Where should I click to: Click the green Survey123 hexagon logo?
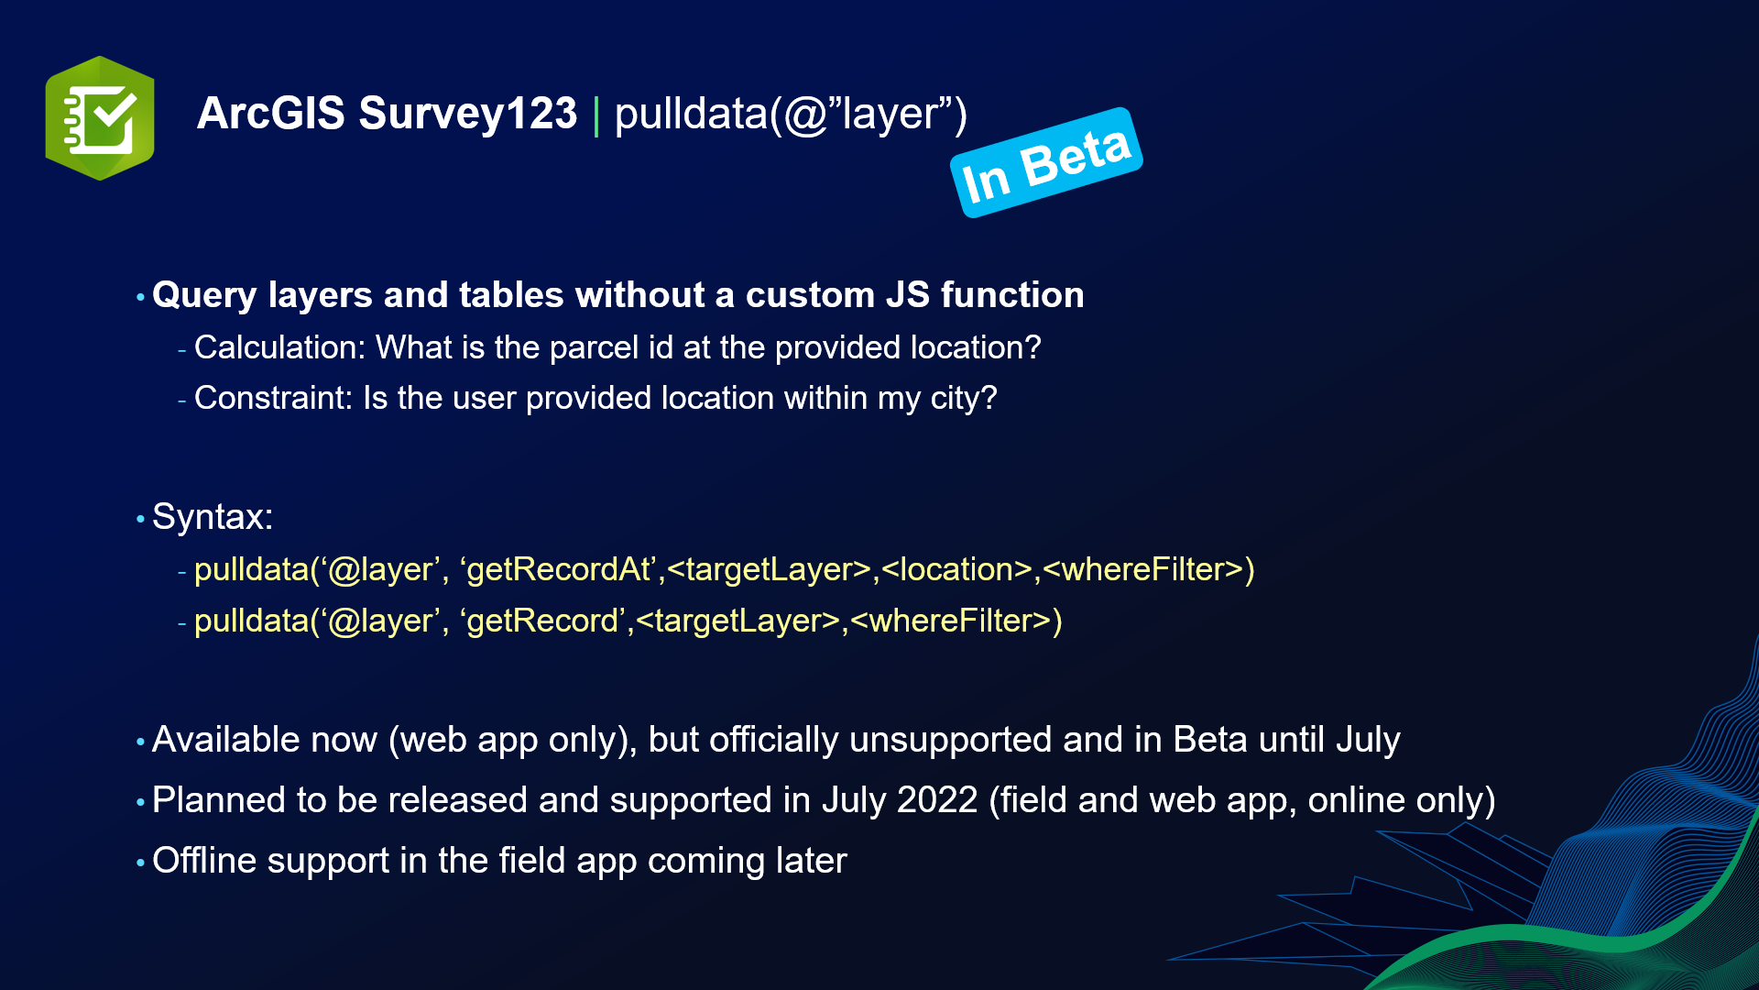(100, 118)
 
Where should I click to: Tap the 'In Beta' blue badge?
(1046, 163)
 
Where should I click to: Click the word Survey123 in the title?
(467, 114)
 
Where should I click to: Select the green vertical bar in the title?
(596, 116)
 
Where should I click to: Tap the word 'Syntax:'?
(213, 517)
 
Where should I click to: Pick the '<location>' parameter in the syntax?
(956, 569)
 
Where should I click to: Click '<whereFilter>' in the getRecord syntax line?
(956, 621)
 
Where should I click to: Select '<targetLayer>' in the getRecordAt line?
(769, 569)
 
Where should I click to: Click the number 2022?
(936, 800)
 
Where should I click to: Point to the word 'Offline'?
(204, 861)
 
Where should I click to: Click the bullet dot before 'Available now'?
(140, 741)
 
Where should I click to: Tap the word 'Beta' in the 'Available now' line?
(1210, 740)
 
